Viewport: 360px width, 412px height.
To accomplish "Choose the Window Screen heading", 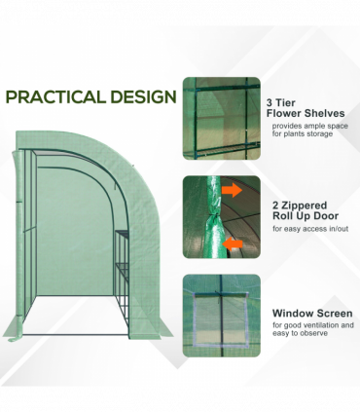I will coord(308,313).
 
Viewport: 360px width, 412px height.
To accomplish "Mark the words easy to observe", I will coord(301,333).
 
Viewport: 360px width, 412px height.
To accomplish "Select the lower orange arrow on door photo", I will coord(232,243).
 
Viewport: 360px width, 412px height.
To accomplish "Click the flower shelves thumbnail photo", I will coord(221,118).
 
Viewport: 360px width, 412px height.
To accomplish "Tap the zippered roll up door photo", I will coord(221,217).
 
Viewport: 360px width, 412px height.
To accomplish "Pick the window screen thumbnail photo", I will coord(221,316).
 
